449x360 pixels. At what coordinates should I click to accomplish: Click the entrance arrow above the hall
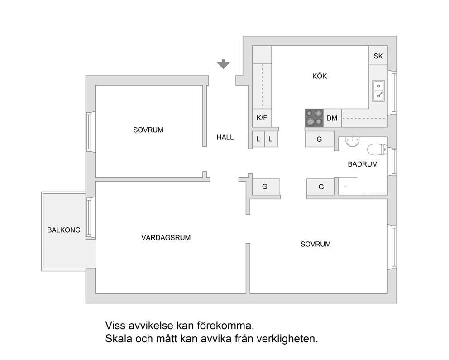tap(223, 64)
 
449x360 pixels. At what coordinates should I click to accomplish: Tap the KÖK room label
tap(320, 76)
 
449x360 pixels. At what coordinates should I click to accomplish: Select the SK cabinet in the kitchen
tap(378, 56)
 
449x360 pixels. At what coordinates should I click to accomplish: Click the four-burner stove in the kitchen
tap(314, 118)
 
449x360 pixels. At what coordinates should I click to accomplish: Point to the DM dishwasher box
tap(332, 118)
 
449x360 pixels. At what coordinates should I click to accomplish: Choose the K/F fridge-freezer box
tap(262, 118)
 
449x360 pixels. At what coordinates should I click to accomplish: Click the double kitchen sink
tap(378, 91)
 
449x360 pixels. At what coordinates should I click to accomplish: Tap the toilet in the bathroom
tap(377, 149)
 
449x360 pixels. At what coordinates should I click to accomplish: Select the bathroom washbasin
tap(352, 141)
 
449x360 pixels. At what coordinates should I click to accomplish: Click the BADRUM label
tap(363, 164)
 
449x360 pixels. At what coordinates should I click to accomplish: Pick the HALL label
tap(225, 138)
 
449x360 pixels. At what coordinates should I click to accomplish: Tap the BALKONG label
tap(64, 230)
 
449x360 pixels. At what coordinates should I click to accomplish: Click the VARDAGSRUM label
tap(166, 238)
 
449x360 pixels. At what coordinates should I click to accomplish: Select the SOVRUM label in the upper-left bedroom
tap(148, 130)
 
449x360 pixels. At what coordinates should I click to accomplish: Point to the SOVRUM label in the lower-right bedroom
tap(315, 244)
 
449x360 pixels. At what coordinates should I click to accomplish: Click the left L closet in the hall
tap(258, 139)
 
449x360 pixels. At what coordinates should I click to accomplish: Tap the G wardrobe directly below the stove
tap(320, 139)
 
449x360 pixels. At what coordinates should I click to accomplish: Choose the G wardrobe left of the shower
tap(321, 187)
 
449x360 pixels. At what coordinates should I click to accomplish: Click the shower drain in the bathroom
tap(345, 187)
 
